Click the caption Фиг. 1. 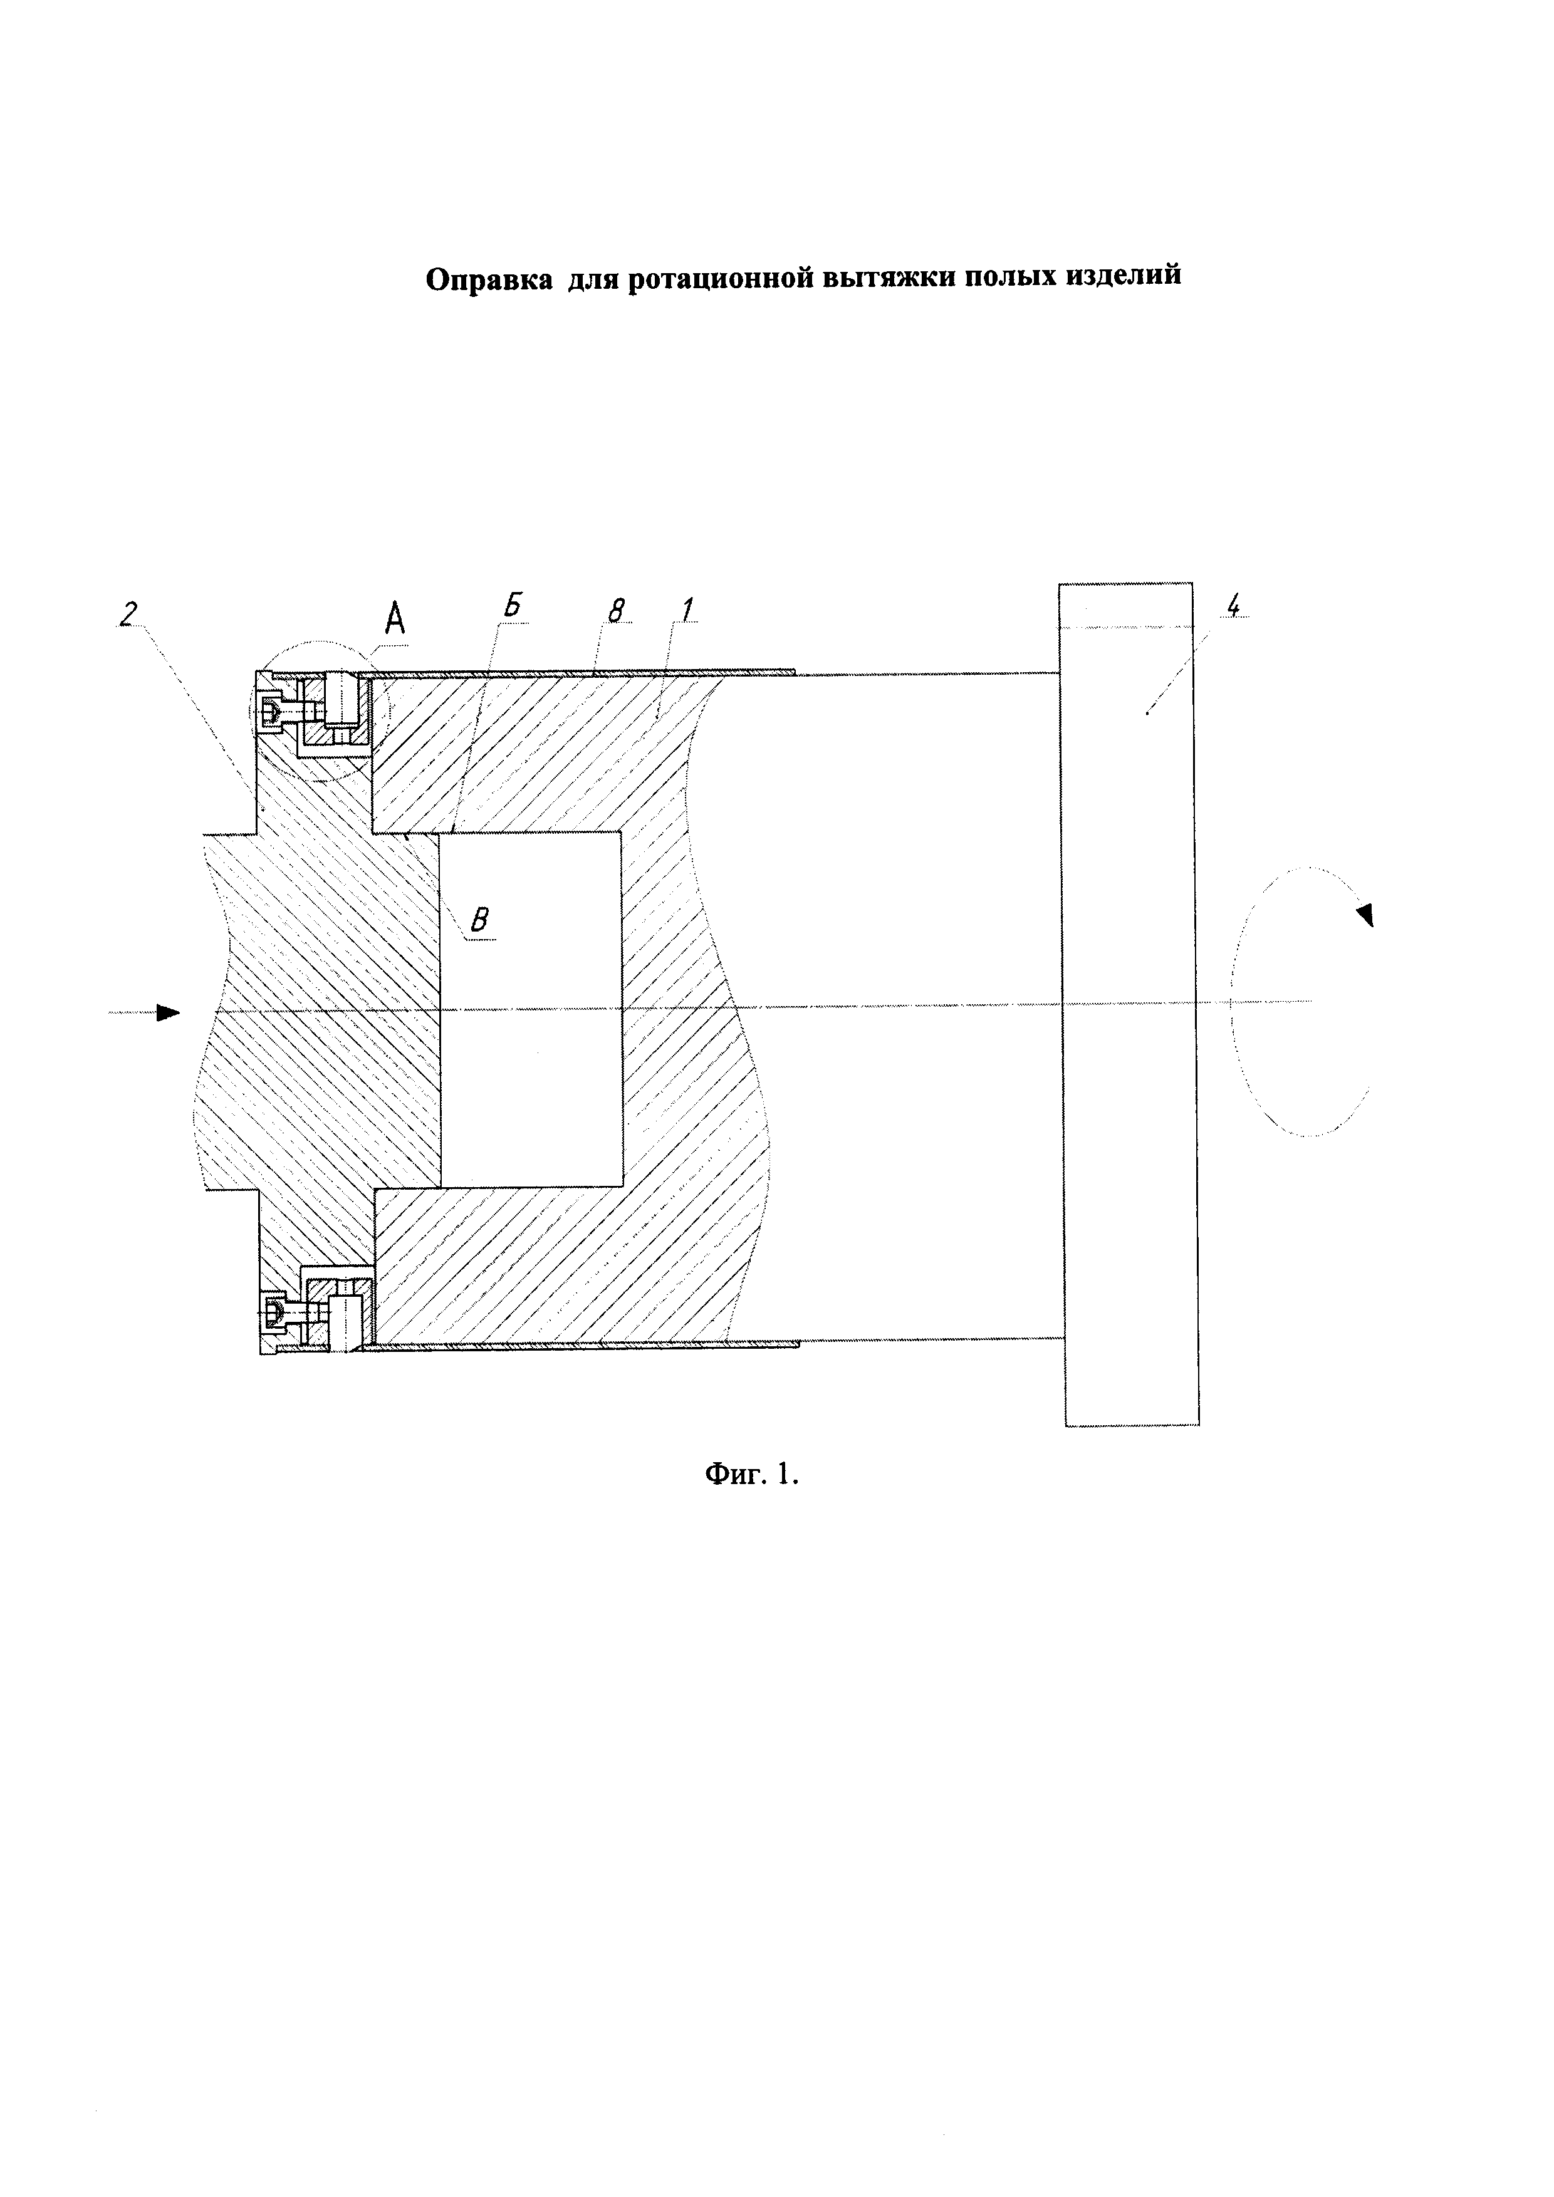click(751, 1473)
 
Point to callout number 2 click(127, 613)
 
